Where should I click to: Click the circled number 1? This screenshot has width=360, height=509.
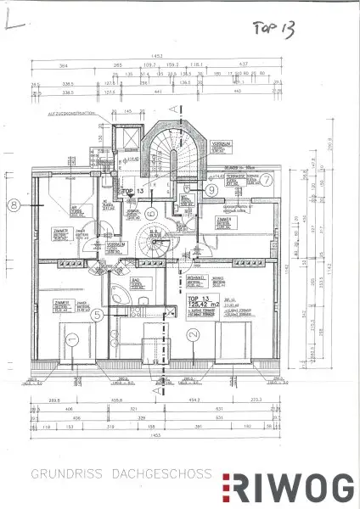[72, 339]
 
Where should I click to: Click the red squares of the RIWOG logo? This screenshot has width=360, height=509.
[228, 489]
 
